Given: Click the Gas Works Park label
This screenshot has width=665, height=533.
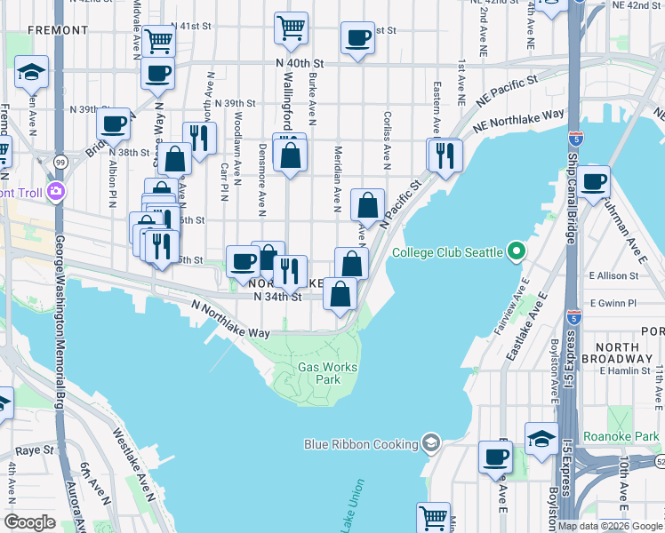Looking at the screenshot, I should point(319,373).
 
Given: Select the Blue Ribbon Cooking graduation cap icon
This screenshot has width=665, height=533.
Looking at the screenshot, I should point(431,443).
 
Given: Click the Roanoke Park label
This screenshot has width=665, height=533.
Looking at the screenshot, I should point(618,436).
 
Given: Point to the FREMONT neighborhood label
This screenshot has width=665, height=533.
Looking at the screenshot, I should point(58,30).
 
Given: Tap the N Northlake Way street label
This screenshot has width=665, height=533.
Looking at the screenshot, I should point(230,318).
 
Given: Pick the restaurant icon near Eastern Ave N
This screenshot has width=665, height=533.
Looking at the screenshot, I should point(445,155).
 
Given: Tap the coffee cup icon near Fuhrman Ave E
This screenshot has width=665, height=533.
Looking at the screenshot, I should point(594,182).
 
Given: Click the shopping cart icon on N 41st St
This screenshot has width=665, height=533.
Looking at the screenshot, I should point(291,28).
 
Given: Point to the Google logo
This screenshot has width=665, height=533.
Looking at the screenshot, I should point(29,522).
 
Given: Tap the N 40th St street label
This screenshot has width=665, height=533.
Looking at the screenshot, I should point(298,64).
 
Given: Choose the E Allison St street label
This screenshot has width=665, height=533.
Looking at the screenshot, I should point(613,276).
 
